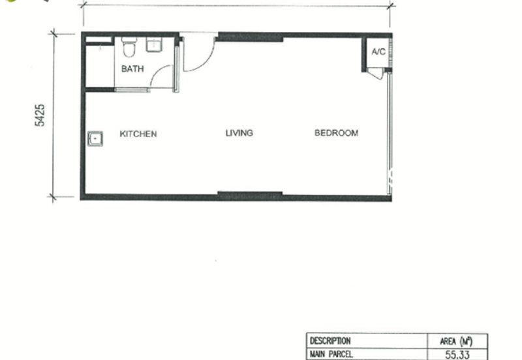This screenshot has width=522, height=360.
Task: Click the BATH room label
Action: pyautogui.click(x=132, y=69)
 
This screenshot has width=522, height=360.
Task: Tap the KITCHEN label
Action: pyautogui.click(x=138, y=134)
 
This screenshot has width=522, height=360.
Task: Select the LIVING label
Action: pyautogui.click(x=239, y=133)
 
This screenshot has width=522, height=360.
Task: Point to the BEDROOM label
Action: pyautogui.click(x=336, y=133)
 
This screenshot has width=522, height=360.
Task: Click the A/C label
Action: pyautogui.click(x=378, y=52)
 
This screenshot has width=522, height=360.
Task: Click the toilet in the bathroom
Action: pyautogui.click(x=129, y=47)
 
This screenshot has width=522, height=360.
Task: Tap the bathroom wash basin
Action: pyautogui.click(x=154, y=44)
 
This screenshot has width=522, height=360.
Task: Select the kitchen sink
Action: pyautogui.click(x=95, y=139)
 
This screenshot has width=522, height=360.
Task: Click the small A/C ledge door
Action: pyautogui.click(x=376, y=74)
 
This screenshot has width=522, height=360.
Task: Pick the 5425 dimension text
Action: pyautogui.click(x=40, y=115)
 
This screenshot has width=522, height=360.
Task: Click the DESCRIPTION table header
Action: pyautogui.click(x=330, y=341)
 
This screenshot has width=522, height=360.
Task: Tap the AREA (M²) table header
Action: pyautogui.click(x=456, y=341)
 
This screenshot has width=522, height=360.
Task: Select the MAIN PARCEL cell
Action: pyautogui.click(x=331, y=354)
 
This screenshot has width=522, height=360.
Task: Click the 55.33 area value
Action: pyautogui.click(x=457, y=355)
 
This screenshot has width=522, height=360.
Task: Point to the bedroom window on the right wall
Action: pyautogui.click(x=390, y=134)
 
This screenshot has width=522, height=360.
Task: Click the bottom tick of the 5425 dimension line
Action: pyautogui.click(x=53, y=197)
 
